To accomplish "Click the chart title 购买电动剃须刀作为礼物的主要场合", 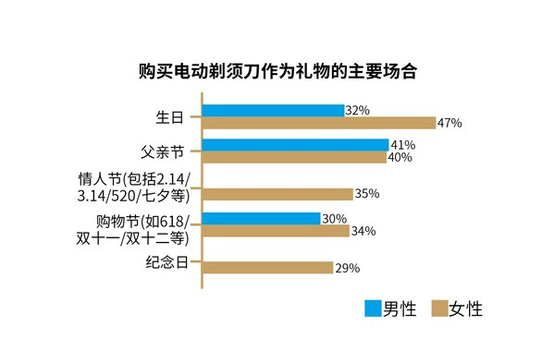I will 277,71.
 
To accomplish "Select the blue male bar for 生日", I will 272,110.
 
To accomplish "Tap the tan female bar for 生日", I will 318,123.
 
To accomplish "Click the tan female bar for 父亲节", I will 293,158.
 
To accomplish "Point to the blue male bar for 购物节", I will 261,219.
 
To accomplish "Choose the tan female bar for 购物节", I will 275,231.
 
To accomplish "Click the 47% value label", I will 450,123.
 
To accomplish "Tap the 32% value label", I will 358,110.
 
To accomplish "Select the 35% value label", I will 368,194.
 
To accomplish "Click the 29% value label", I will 348,268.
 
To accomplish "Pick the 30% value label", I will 334,219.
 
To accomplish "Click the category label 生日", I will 171,117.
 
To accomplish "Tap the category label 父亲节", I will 164,151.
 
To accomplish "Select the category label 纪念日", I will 167,262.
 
